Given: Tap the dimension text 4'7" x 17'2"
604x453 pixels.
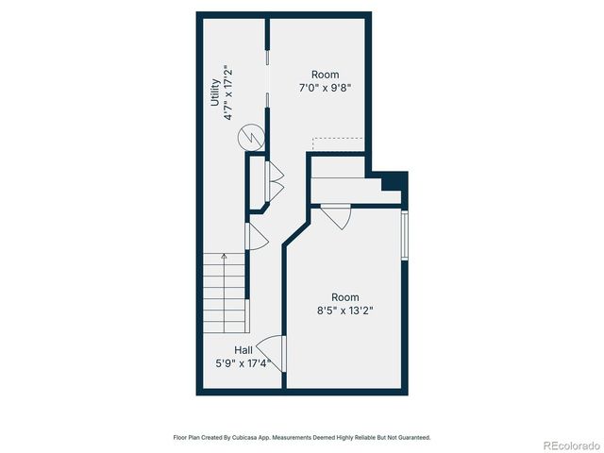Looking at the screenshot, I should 227,92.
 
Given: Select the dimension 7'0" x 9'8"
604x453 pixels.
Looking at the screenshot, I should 326,87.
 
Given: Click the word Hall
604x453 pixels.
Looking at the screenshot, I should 243,350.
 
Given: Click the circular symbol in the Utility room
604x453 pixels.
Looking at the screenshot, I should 251,138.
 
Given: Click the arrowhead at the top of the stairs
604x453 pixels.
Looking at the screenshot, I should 224,255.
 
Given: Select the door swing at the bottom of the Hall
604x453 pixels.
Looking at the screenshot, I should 269,351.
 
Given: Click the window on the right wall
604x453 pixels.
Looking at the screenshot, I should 404,236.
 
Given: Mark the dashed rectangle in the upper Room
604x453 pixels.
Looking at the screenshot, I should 338,143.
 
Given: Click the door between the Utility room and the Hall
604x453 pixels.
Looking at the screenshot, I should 255,238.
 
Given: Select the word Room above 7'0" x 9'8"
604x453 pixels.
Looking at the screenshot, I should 326,75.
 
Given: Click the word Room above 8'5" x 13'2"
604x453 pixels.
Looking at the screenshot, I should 345,297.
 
